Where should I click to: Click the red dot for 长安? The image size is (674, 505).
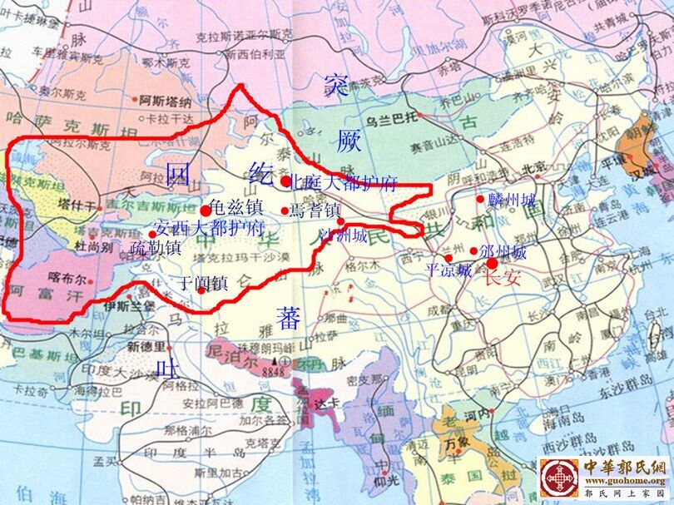[x=492, y=263]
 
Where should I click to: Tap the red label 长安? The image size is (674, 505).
[x=502, y=279]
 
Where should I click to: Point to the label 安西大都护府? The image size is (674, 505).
[x=211, y=227]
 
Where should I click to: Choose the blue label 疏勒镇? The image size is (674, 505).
[x=156, y=247]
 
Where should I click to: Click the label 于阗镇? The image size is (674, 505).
[x=204, y=283]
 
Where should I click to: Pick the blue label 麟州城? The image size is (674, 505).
[x=512, y=200]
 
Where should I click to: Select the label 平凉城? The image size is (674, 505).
[x=449, y=270]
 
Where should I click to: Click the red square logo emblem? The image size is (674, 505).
[x=557, y=480]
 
